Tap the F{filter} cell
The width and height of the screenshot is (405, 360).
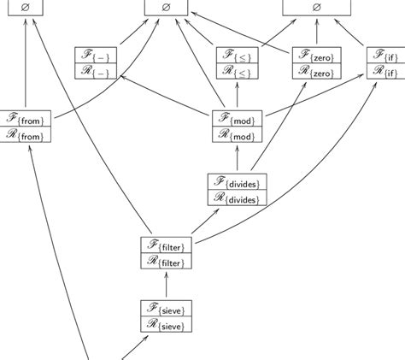click(167, 245)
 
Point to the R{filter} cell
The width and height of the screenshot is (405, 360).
click(167, 261)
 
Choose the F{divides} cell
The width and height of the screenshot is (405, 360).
click(238, 182)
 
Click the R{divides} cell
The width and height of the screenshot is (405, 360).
click(238, 198)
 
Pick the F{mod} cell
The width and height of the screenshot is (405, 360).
click(238, 119)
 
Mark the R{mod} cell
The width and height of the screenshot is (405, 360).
click(238, 134)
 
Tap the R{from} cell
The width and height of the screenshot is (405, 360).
click(26, 134)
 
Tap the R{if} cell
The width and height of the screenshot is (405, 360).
click(386, 72)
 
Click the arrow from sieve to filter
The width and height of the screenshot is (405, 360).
click(166, 284)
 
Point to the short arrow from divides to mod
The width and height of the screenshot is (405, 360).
click(238, 159)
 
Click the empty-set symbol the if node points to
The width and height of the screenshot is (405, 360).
click(316, 8)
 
